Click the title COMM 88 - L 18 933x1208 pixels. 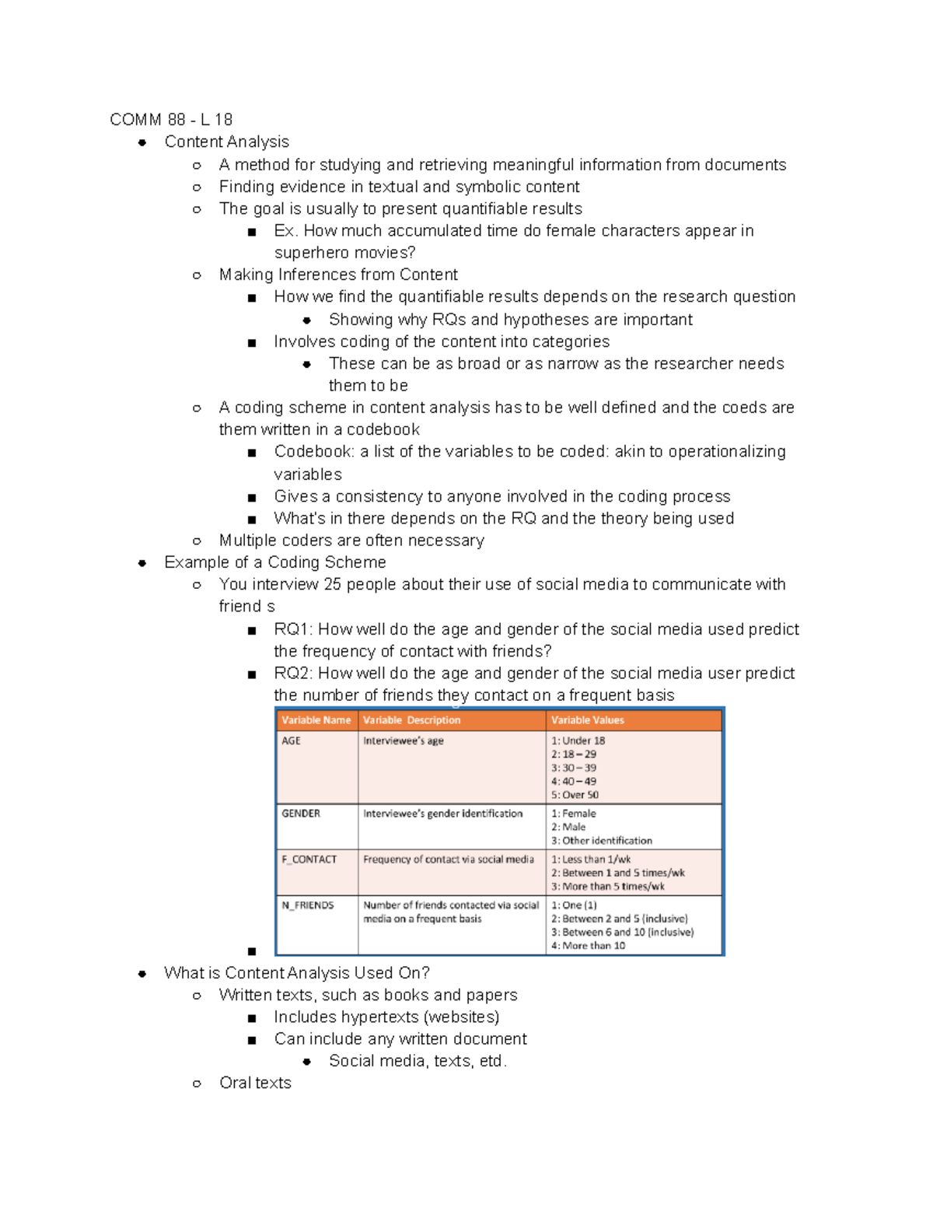point(171,119)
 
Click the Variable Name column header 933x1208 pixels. point(316,720)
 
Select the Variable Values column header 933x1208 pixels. point(588,720)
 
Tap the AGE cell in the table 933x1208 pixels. point(291,741)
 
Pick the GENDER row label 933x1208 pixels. point(301,814)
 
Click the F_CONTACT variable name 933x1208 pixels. point(309,860)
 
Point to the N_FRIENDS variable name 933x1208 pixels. point(308,905)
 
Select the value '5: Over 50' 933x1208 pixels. point(575,795)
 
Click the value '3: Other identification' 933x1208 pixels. point(602,841)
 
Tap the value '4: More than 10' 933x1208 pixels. point(589,946)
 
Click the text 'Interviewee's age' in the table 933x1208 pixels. point(403,741)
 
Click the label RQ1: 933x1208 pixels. point(293,629)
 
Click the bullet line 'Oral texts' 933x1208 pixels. point(255,1083)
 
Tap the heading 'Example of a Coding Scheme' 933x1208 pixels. point(275,562)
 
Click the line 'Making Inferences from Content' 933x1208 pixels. point(338,275)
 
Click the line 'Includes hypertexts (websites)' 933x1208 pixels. point(386,1017)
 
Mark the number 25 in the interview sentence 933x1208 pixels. point(332,584)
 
